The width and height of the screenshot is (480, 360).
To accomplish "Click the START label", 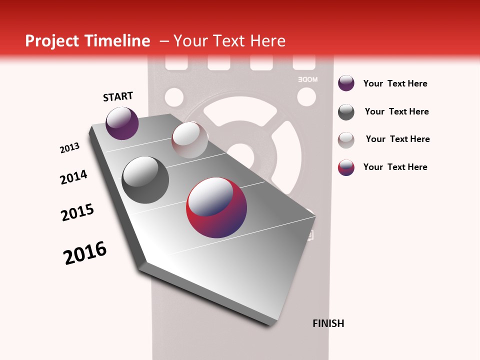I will [x=118, y=96].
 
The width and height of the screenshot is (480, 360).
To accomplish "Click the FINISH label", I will [x=328, y=323].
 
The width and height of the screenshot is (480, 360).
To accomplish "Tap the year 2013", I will [x=69, y=148].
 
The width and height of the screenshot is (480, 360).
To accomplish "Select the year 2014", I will [x=73, y=177].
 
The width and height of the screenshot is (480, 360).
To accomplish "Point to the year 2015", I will [x=77, y=212].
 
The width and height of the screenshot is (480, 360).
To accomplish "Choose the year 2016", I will [x=85, y=253].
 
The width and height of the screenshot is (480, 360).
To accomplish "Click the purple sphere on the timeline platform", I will [x=122, y=123].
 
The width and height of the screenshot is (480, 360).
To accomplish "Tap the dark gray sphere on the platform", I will [x=145, y=180].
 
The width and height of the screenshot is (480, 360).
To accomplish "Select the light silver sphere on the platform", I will [x=189, y=140].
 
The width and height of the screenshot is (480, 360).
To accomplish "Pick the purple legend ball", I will [x=346, y=83].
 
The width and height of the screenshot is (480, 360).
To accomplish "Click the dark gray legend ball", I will [x=346, y=112].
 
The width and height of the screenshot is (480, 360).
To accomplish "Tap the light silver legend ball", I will [x=346, y=140].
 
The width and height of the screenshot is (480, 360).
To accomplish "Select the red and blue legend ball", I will [x=346, y=167].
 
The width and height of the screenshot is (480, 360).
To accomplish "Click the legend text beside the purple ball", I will [x=395, y=83].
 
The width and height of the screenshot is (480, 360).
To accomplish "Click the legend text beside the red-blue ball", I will [x=395, y=167].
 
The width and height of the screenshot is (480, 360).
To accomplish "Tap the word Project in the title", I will [x=52, y=41].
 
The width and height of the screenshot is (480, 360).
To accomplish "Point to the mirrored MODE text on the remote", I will [x=307, y=79].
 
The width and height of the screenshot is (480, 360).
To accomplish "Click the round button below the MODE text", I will [x=306, y=96].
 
